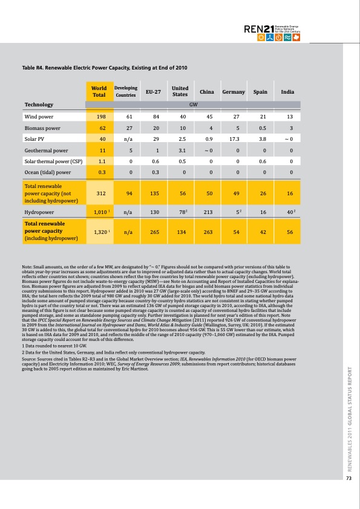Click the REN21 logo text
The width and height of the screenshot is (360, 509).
pyautogui.click(x=259, y=28)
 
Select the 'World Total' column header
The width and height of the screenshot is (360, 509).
pyautogui.click(x=99, y=92)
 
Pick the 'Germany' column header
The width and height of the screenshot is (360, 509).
pyautogui.click(x=233, y=92)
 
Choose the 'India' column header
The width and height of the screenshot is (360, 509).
pyautogui.click(x=288, y=92)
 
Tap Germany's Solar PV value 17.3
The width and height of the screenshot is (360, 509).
pyautogui.click(x=237, y=139)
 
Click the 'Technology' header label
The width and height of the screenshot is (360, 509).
pyautogui.click(x=39, y=105)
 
